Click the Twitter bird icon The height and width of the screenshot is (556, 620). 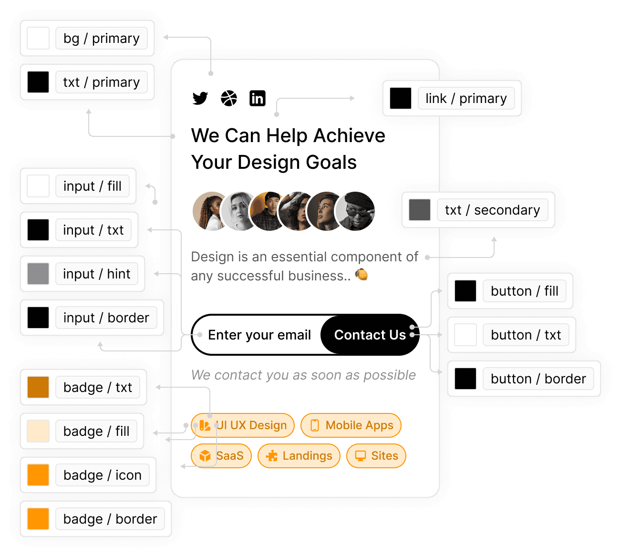(x=200, y=98)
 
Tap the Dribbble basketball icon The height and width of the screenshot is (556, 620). (x=229, y=98)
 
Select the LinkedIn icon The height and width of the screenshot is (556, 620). (x=258, y=98)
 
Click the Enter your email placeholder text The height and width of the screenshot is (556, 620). (x=259, y=335)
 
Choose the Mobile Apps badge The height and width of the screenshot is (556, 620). (x=351, y=425)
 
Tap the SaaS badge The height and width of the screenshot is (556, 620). (x=221, y=456)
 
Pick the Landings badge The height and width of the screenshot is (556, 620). (x=299, y=456)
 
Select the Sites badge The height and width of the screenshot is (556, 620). (x=376, y=456)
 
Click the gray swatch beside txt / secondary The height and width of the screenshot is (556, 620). (x=420, y=210)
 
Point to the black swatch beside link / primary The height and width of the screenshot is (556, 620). (x=401, y=98)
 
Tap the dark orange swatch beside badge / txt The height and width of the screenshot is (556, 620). (x=38, y=387)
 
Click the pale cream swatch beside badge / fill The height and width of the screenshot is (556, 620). (x=38, y=431)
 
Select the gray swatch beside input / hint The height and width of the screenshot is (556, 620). (x=38, y=274)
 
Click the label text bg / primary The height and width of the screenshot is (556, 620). (x=102, y=38)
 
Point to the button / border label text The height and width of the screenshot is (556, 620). (x=538, y=379)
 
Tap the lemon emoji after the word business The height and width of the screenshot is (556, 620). (x=362, y=275)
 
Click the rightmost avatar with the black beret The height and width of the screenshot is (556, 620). (x=356, y=211)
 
